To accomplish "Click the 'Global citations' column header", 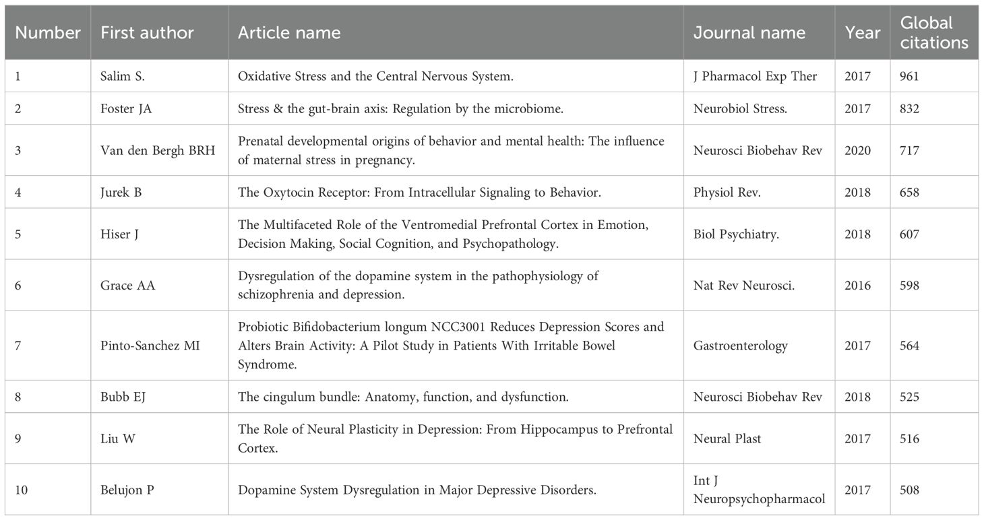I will coord(933,32).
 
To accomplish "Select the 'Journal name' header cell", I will coord(749,32).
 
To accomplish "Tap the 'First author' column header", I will coord(147,32).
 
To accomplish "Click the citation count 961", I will coord(909,76).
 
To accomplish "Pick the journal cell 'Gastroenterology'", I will coord(741,346).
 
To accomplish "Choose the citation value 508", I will coord(909,490).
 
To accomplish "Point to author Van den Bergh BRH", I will coord(158,150).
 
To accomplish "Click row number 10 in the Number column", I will coord(22,490).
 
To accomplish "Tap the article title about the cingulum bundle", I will coord(403,397).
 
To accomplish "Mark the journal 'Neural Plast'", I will coord(727,438).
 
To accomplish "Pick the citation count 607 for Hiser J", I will coord(909,234).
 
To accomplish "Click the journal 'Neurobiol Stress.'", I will coord(739,108).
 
